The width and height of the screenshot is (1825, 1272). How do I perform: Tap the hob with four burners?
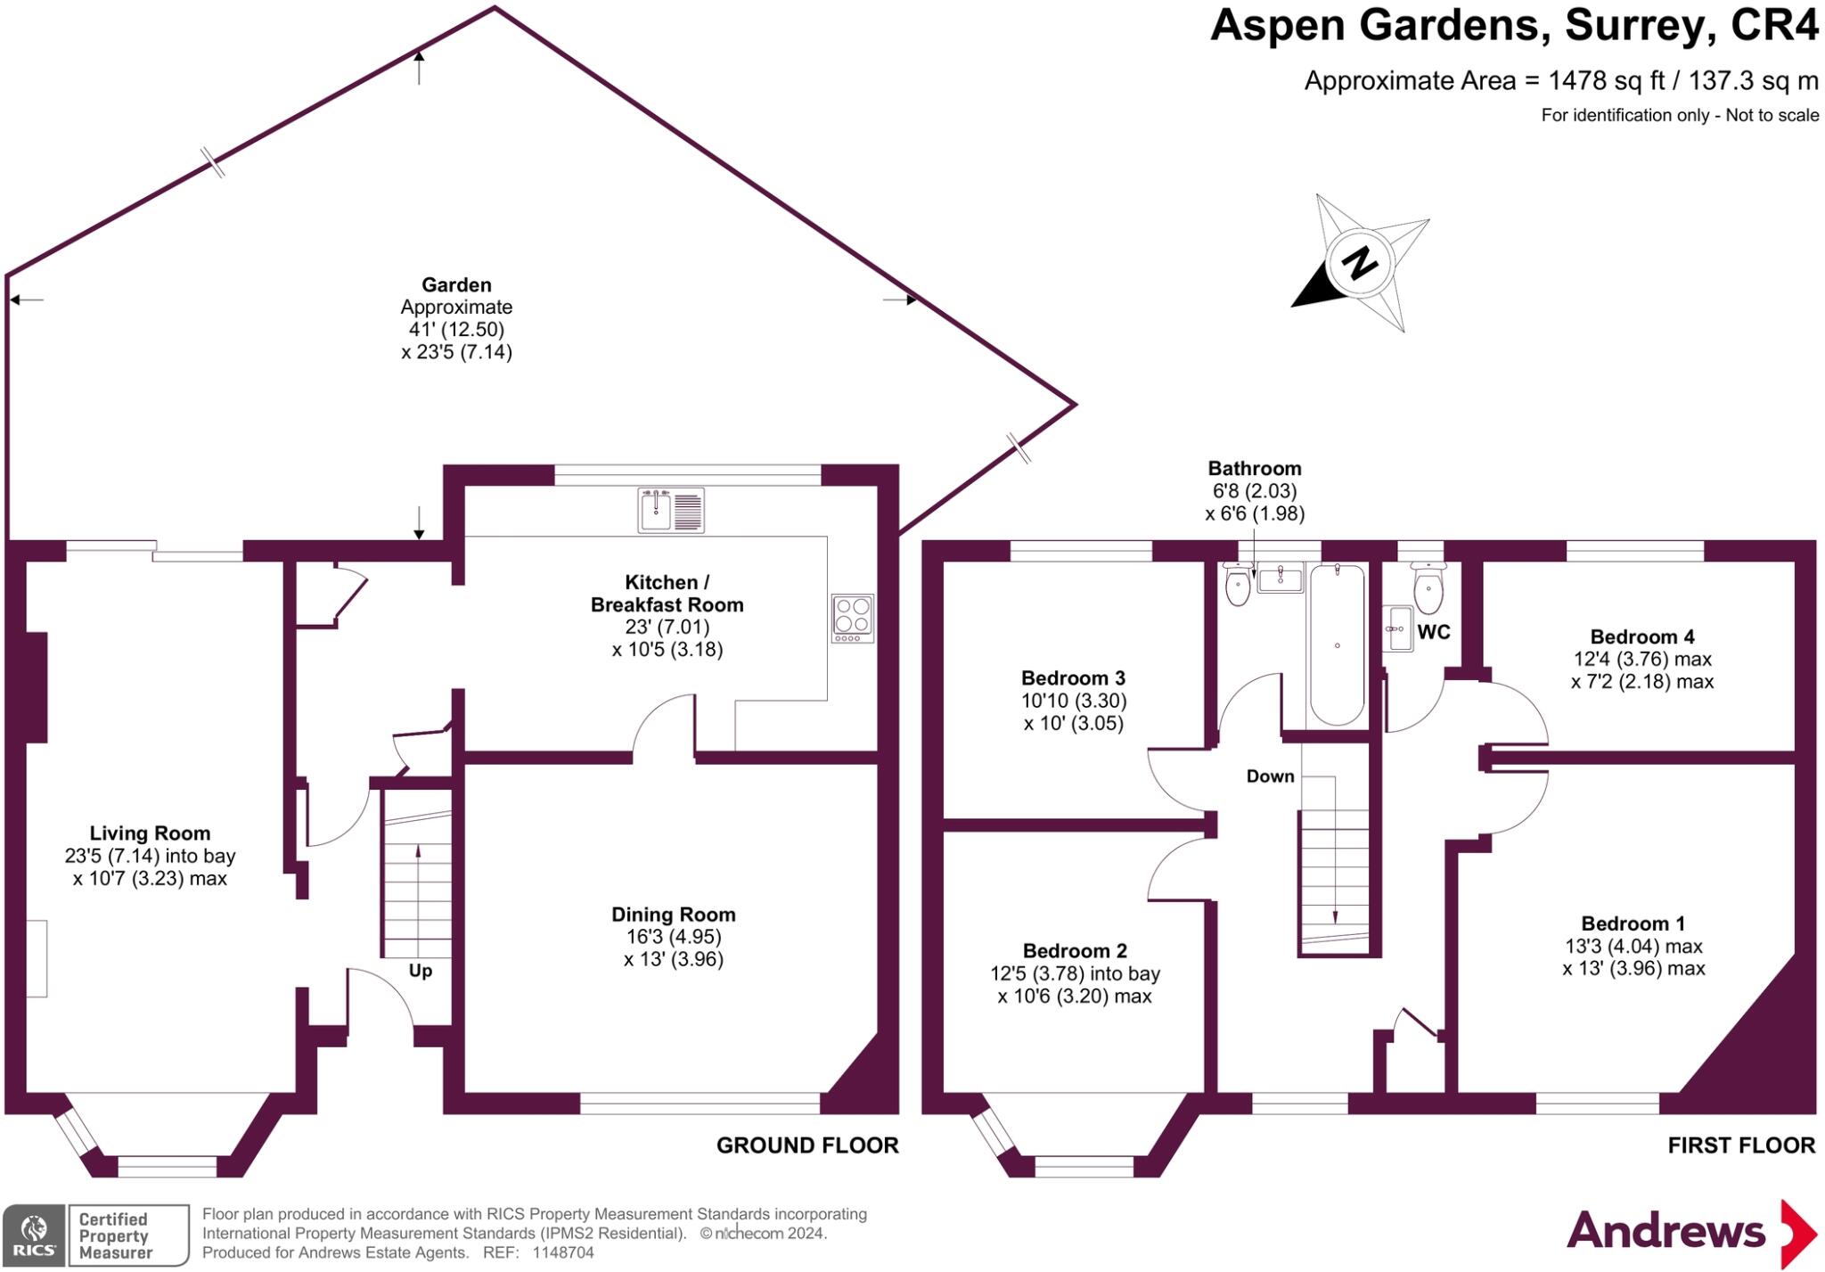coord(852,617)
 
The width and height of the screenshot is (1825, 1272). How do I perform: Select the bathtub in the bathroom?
coord(1337,644)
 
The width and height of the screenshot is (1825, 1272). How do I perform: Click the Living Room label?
coord(150,833)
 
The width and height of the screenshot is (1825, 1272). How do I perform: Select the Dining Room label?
coord(673,915)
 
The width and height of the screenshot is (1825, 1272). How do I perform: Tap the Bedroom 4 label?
coord(1641,636)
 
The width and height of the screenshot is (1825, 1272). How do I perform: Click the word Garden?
coord(456,285)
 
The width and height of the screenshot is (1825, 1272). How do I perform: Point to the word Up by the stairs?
coord(420,971)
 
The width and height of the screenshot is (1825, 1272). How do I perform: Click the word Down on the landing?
coord(1270,776)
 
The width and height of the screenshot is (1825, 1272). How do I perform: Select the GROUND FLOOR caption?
coord(807,1145)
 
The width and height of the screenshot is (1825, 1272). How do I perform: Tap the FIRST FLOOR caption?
coord(1740,1145)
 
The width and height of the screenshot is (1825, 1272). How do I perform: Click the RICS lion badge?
coord(34,1235)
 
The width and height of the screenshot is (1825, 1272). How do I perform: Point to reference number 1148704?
coord(562,1252)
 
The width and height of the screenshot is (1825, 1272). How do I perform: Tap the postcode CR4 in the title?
coord(1773,25)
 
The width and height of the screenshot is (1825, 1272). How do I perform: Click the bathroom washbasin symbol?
coord(1280,579)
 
